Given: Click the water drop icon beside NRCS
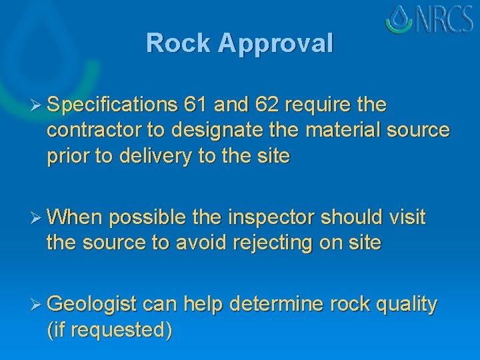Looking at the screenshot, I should point(401,19).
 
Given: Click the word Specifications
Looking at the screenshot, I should point(112,105).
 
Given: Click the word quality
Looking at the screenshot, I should point(407,305).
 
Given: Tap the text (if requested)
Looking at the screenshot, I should point(109,330).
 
